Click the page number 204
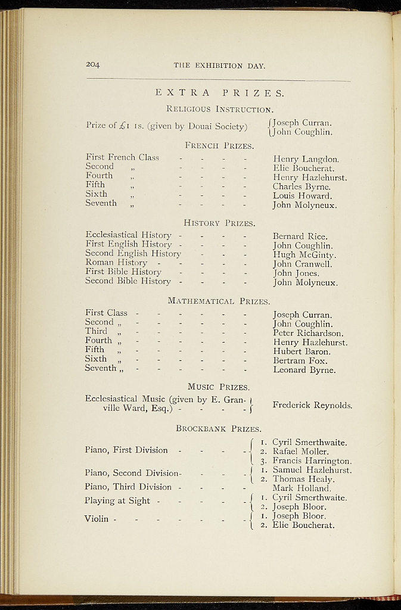(92, 64)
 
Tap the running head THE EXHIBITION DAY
(219, 66)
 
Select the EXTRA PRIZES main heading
(219, 93)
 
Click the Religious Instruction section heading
(220, 109)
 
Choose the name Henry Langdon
(306, 160)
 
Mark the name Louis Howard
(302, 195)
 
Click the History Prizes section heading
(219, 223)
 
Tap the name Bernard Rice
(300, 236)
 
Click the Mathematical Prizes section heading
(219, 301)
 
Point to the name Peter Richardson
(308, 333)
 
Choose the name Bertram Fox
(300, 360)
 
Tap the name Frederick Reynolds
(312, 406)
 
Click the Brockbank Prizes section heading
(219, 428)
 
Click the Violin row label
(97, 519)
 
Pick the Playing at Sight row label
(117, 501)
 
